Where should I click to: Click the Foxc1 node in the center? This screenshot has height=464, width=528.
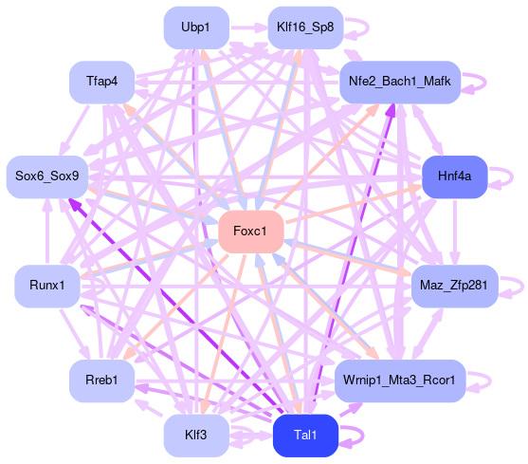click(x=251, y=232)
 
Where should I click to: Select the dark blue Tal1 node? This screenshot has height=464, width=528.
click(x=305, y=436)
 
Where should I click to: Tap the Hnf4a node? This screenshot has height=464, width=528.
click(x=455, y=176)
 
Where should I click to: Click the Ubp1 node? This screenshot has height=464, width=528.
click(x=196, y=28)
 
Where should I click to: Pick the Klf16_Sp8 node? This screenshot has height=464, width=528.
click(x=305, y=28)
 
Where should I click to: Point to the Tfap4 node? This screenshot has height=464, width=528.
click(x=101, y=82)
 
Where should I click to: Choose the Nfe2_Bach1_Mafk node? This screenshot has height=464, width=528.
click(x=400, y=82)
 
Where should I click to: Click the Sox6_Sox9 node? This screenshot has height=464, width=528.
click(x=47, y=176)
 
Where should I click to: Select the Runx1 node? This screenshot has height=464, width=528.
click(x=47, y=286)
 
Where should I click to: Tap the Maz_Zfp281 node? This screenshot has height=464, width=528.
click(x=455, y=286)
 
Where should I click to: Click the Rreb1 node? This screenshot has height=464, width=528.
click(x=101, y=380)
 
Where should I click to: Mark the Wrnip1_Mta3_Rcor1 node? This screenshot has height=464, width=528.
click(x=400, y=380)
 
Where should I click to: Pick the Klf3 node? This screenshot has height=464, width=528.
click(x=196, y=436)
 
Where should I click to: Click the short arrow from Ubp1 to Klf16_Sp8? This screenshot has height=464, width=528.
click(x=248, y=28)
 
